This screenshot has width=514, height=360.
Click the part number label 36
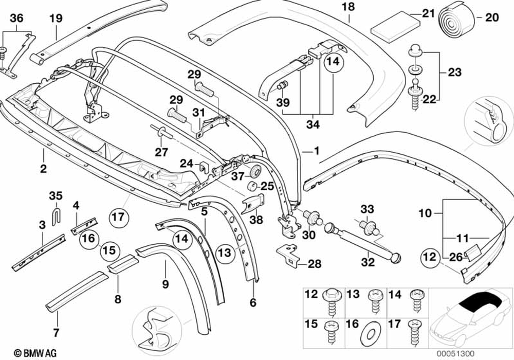(x=17, y=19)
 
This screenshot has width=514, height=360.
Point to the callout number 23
(x=454, y=73)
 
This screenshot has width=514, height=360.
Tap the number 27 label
(x=161, y=152)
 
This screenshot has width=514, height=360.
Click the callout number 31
(x=198, y=112)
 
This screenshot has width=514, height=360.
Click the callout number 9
(x=165, y=282)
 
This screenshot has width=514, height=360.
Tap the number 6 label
(x=252, y=303)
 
